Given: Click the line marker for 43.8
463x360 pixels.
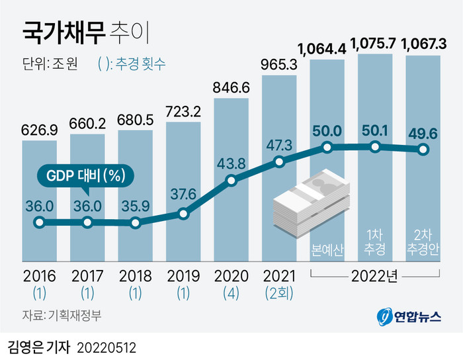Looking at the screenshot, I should pyautogui.click(x=232, y=180).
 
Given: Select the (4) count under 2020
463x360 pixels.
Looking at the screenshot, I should pyautogui.click(x=232, y=291).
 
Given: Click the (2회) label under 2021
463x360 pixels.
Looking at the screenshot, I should pyautogui.click(x=279, y=291).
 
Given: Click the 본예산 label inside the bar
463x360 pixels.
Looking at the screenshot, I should pyautogui.click(x=327, y=249).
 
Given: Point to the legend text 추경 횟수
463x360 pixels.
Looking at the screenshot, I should pyautogui.click(x=141, y=64).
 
